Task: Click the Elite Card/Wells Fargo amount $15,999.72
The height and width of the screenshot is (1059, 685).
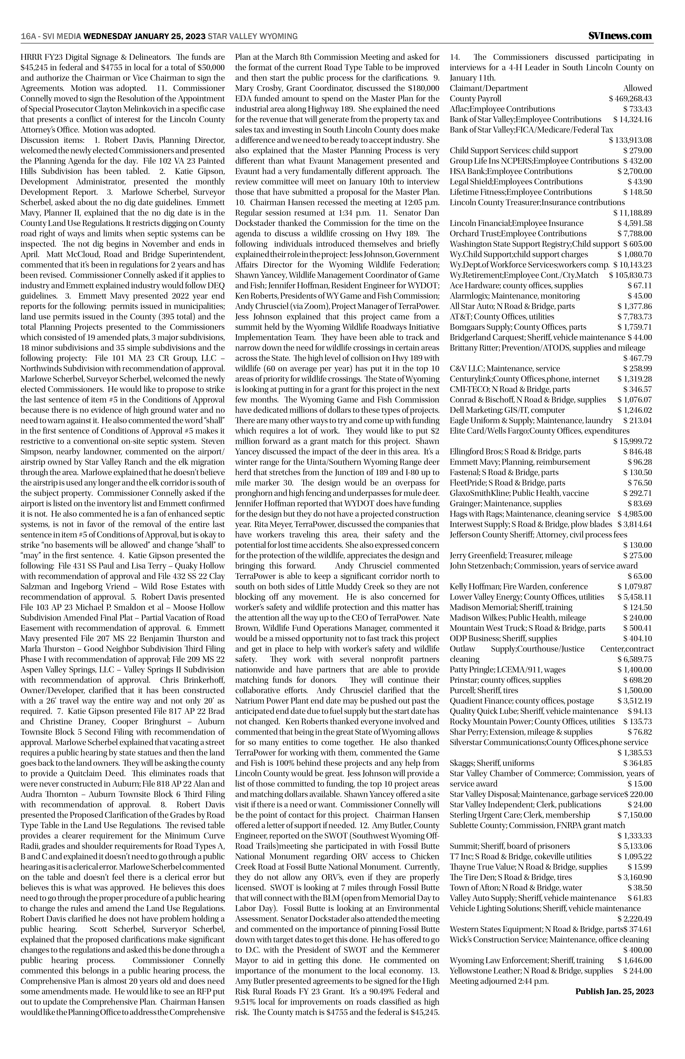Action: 632,441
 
